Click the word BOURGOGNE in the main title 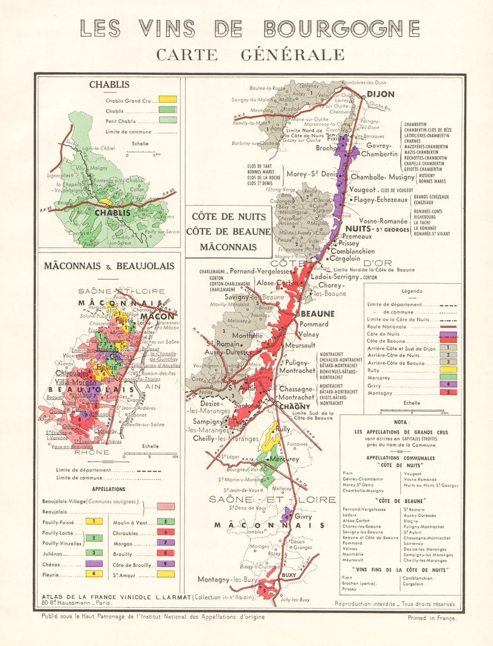[341, 28]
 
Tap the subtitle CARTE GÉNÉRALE [250, 54]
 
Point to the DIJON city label [381, 94]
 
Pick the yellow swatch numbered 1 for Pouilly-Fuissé [93, 521]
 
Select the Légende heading [412, 291]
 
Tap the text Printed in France [432, 617]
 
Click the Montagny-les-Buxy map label [228, 579]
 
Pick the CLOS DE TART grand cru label [262, 167]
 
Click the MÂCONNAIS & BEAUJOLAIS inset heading [108, 266]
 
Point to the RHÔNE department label [91, 452]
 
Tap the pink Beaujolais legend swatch [166, 506]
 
